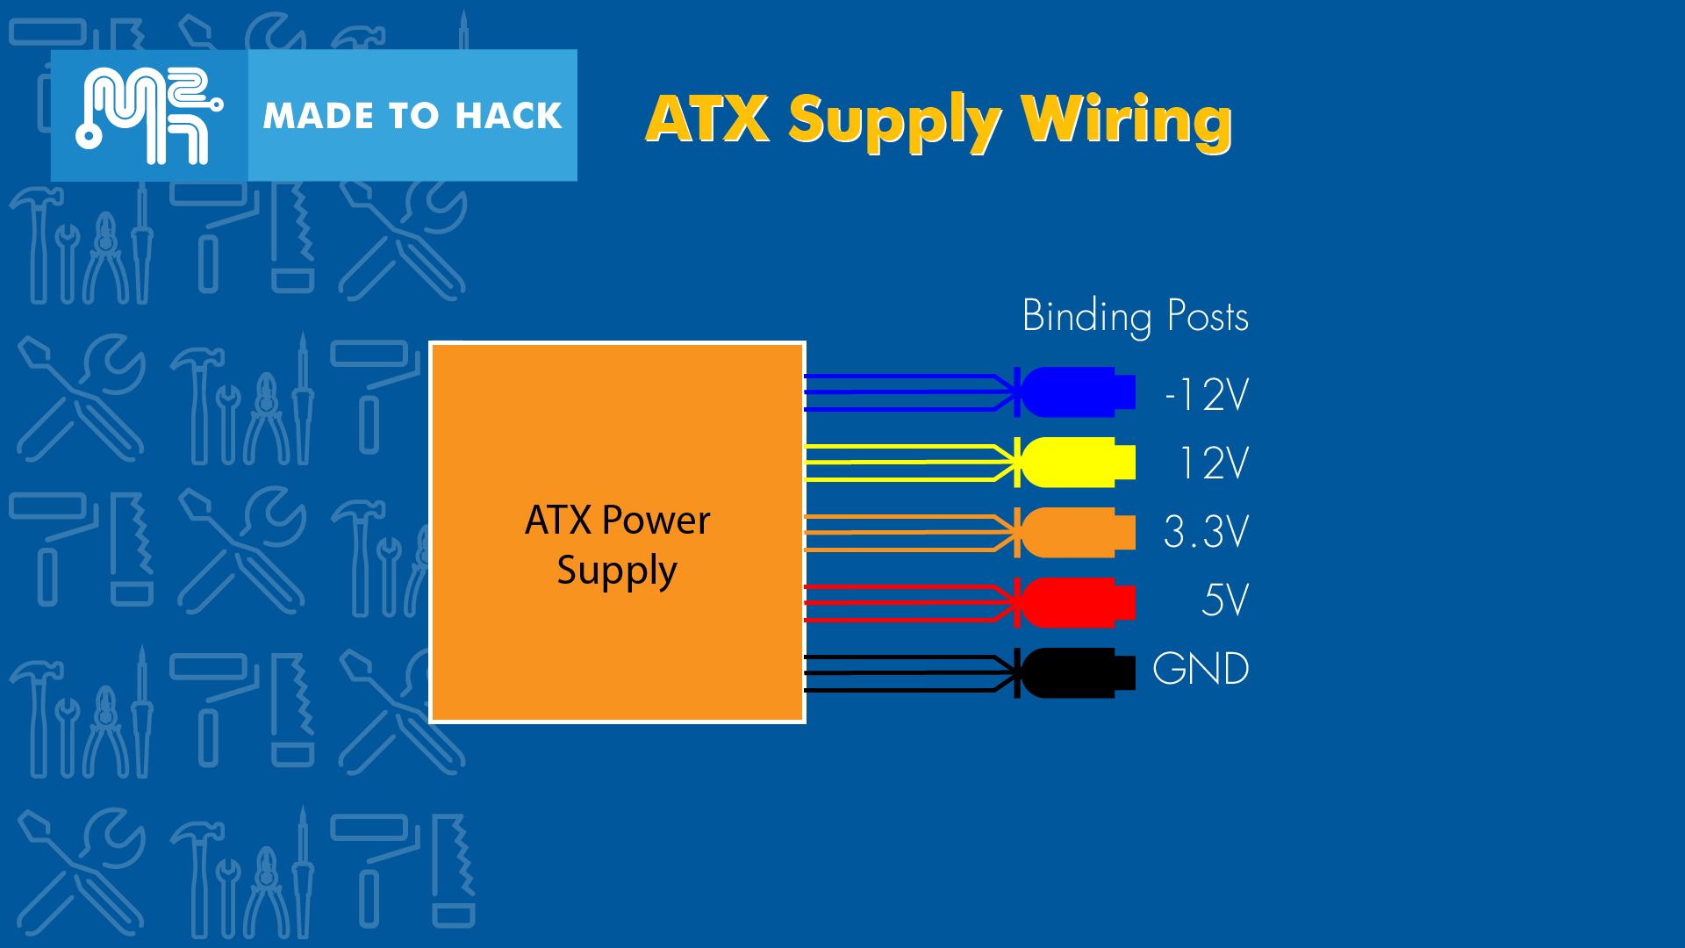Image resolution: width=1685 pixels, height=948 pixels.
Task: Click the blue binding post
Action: click(x=1075, y=392)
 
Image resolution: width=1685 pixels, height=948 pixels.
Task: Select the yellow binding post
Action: click(x=1075, y=463)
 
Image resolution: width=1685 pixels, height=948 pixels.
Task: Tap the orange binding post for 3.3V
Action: click(x=1075, y=532)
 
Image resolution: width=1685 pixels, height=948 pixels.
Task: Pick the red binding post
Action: click(x=1075, y=602)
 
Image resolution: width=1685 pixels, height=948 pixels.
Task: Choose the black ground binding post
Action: click(x=1075, y=672)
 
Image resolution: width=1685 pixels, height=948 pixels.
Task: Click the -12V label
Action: click(x=1207, y=395)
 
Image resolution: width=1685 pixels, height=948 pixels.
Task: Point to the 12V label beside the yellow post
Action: click(x=1214, y=463)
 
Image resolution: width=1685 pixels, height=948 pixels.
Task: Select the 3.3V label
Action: click(x=1206, y=532)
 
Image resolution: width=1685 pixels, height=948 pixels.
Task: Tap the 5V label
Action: click(x=1224, y=600)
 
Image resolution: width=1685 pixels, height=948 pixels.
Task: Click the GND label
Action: click(x=1201, y=669)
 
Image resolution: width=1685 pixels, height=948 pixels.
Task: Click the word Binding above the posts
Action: click(x=1086, y=317)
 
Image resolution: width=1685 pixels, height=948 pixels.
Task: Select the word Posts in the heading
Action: click(x=1208, y=317)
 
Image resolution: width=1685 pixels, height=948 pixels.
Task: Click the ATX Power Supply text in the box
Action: click(x=617, y=544)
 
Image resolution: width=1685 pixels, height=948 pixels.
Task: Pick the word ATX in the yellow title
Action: click(x=707, y=119)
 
